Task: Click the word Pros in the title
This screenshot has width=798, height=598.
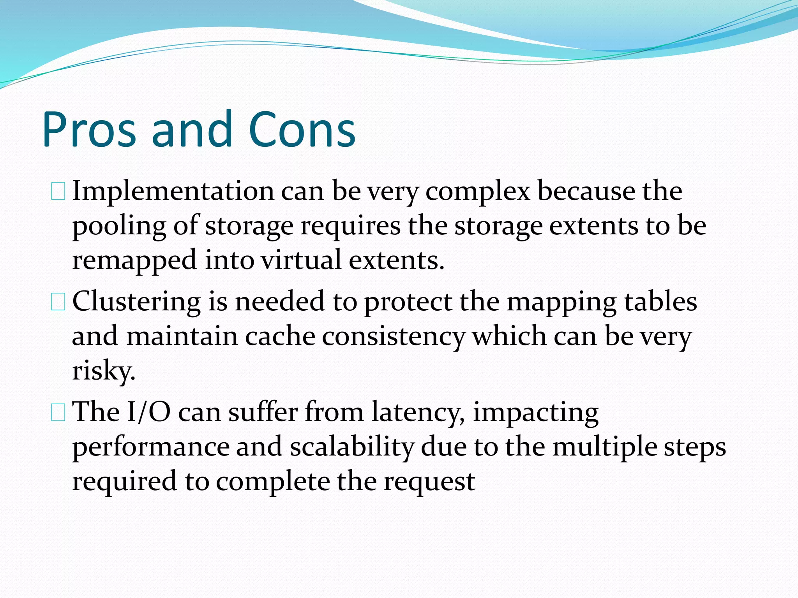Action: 89,130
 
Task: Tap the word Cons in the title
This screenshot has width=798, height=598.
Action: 302,130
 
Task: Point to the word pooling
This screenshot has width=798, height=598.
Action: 119,226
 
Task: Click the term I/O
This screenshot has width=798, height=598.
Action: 149,412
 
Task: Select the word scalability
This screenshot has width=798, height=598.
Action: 351,447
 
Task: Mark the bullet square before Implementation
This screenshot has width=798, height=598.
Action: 58,192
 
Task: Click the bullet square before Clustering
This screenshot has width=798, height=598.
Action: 58,303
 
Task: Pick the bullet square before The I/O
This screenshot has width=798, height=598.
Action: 58,413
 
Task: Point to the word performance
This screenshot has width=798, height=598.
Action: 151,447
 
